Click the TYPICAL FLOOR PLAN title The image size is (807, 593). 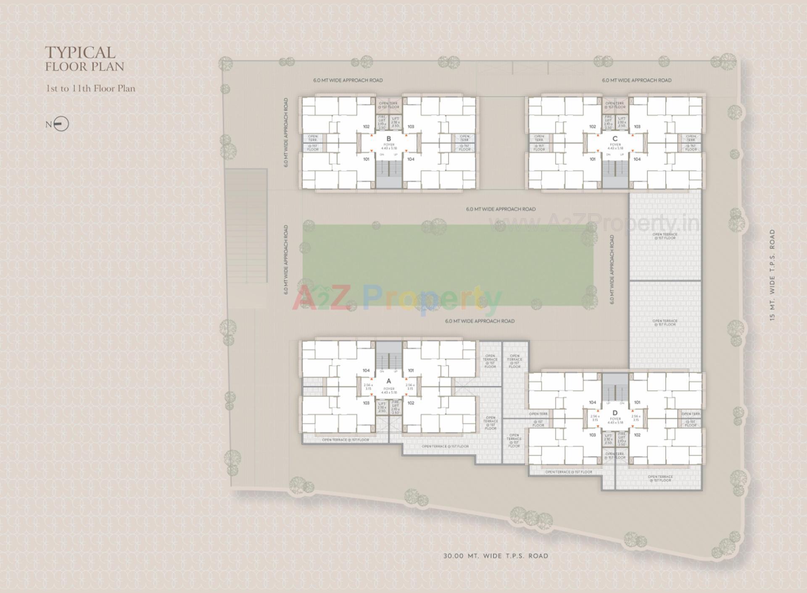84,59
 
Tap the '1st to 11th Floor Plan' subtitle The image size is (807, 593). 90,88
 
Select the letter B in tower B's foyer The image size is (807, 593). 389,139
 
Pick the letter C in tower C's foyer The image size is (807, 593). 615,139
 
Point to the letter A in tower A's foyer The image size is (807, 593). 389,381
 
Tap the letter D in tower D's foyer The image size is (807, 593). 615,413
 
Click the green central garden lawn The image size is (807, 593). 448,265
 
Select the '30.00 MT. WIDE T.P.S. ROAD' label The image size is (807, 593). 496,556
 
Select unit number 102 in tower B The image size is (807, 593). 366,126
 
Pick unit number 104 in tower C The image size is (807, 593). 637,159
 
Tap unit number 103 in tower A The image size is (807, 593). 366,403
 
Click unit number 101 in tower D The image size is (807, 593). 637,402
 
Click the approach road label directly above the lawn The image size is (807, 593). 501,209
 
